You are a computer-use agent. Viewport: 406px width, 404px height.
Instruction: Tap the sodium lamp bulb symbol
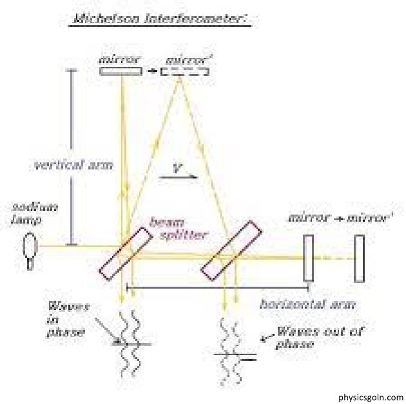pos(30,247)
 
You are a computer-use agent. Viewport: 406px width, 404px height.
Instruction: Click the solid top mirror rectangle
pos(121,71)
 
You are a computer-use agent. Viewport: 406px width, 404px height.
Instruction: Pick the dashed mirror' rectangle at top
pos(185,71)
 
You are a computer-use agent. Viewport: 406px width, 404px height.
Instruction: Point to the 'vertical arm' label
pos(73,164)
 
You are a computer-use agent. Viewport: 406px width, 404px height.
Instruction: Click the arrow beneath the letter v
pos(183,180)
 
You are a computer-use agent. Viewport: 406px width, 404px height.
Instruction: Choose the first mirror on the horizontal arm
pos(308,258)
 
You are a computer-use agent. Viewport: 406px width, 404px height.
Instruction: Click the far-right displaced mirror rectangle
pos(359,258)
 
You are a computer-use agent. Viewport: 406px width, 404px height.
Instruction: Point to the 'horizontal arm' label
pos(307,303)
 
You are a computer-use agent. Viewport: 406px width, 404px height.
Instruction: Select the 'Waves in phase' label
pos(65,318)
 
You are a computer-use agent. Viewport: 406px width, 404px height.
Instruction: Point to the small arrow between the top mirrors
pos(152,70)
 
